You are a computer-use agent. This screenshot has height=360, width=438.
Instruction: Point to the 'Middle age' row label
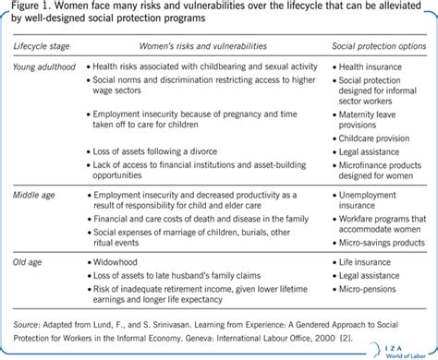pos(33,197)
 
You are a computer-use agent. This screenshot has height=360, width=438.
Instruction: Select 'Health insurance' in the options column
pos(371,66)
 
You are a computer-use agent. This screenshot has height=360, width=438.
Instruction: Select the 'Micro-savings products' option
pos(385,244)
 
